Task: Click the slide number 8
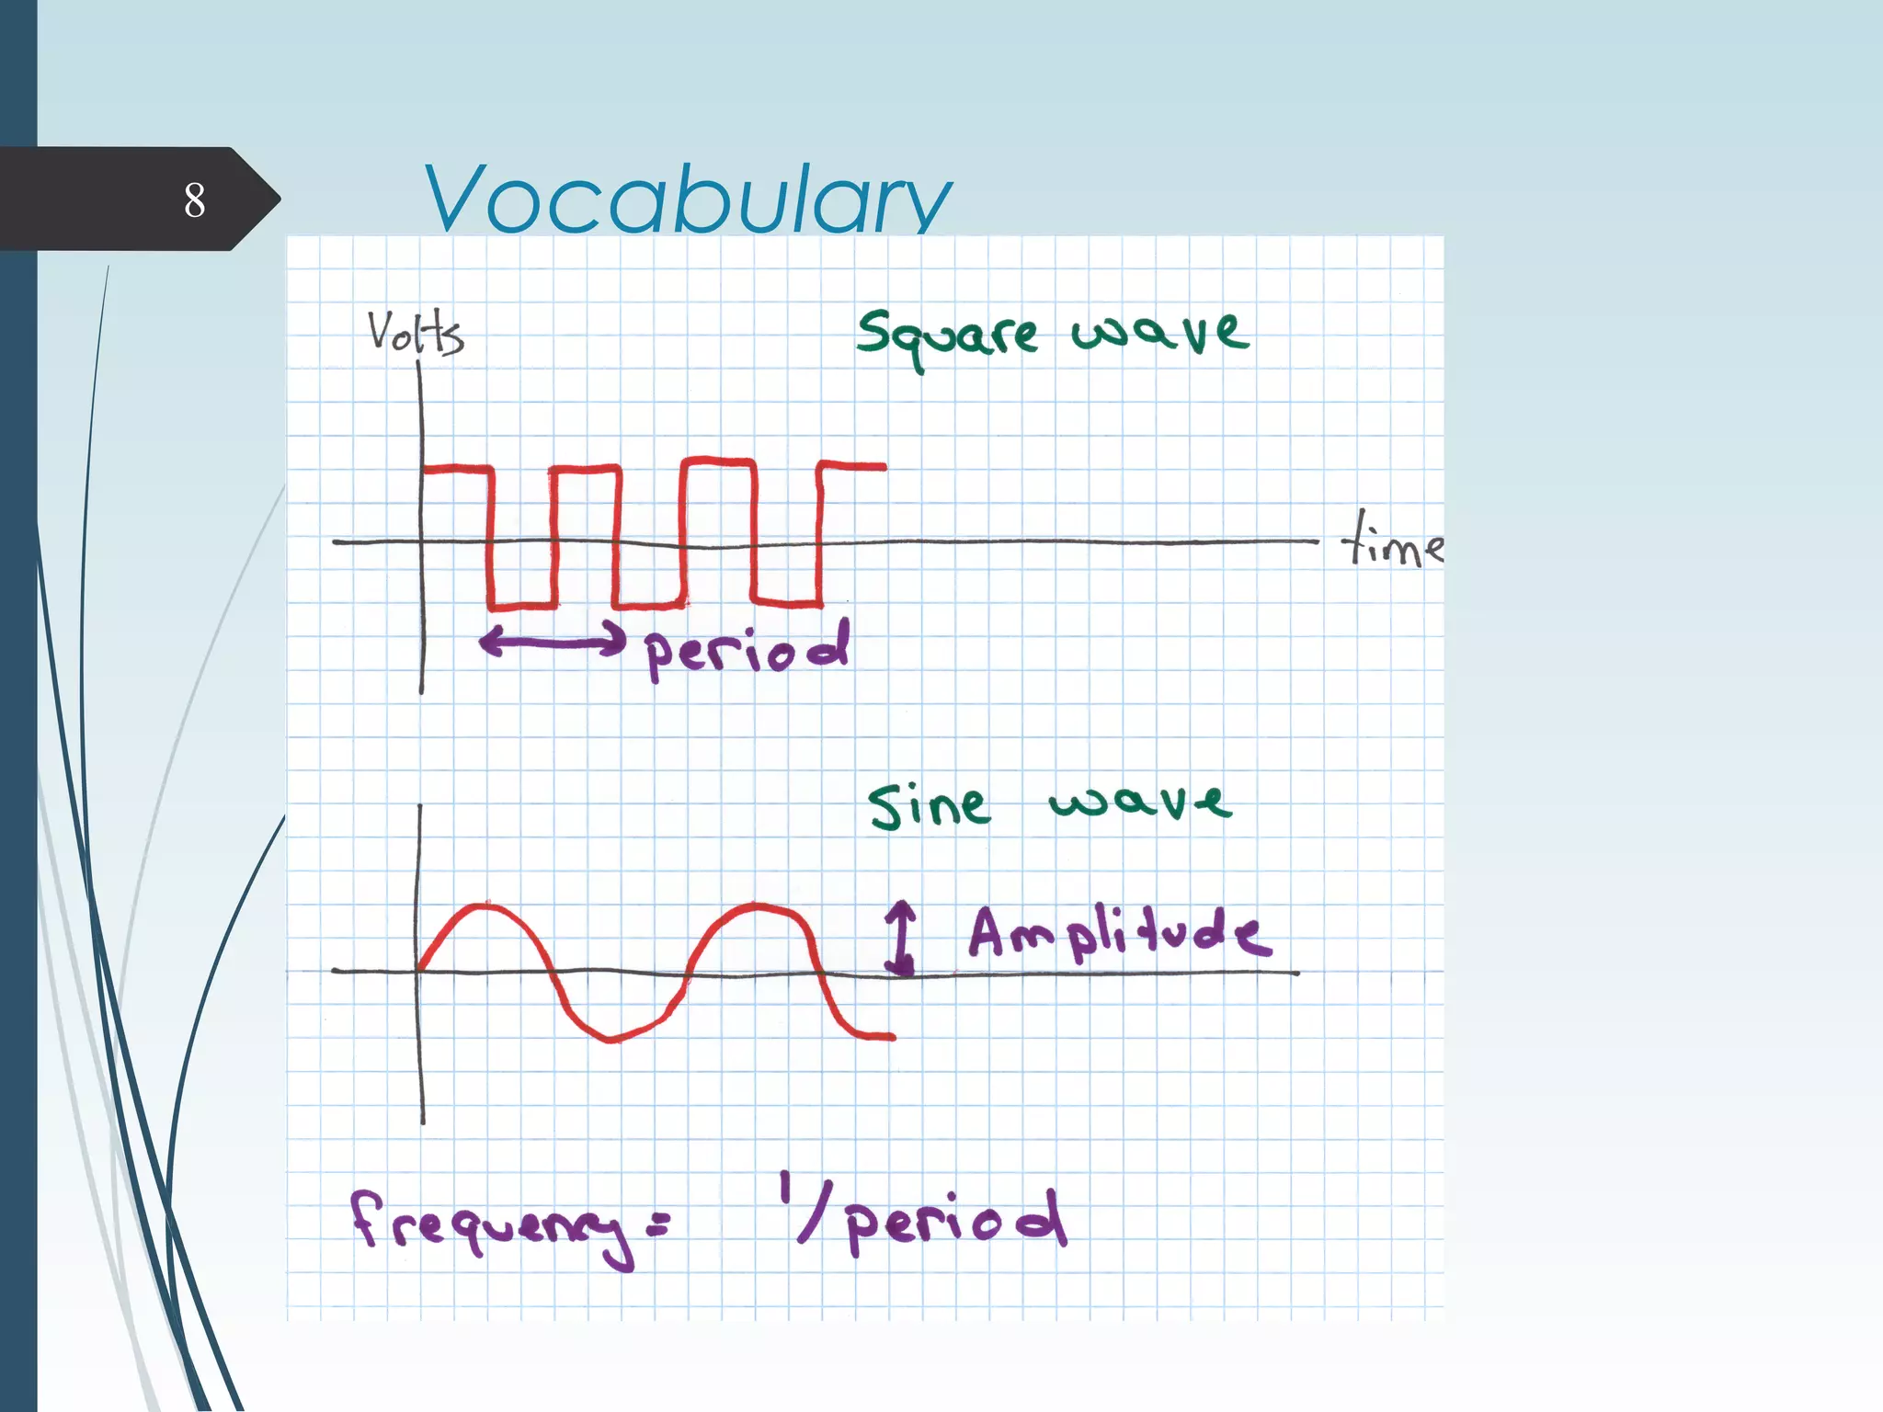pos(194,199)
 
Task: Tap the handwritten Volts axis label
pos(416,332)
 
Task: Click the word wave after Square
pos(1160,332)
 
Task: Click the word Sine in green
pos(929,806)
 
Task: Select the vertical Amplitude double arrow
pos(900,937)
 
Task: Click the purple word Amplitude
pos(1120,933)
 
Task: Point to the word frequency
pos(492,1225)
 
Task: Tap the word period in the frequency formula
pos(956,1220)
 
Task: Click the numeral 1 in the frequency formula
pos(785,1188)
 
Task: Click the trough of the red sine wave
pos(611,1039)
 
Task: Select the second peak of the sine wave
pos(759,905)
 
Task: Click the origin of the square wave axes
pos(421,542)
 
